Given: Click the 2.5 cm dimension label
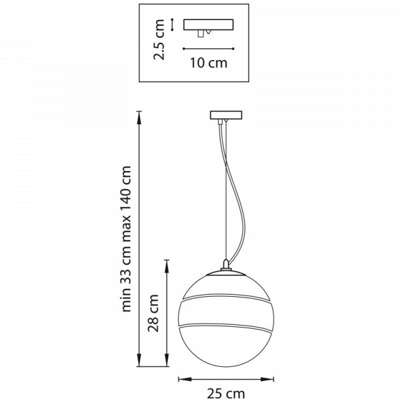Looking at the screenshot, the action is coord(159,39).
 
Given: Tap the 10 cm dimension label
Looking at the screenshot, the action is coord(209,63).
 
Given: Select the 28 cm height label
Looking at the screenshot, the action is coord(154,313).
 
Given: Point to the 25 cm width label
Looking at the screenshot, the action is coord(226,394).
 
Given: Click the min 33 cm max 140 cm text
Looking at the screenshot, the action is coord(126,239).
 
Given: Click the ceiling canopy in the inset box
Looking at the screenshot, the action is coord(209,25).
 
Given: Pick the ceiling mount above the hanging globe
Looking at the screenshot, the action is coord(226,115).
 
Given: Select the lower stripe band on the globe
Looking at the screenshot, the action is coord(226,327).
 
